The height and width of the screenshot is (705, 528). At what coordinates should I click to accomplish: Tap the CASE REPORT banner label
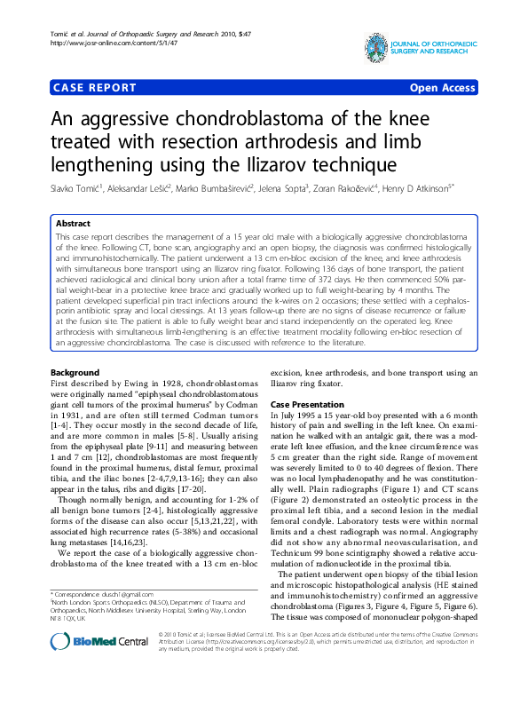(95, 88)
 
